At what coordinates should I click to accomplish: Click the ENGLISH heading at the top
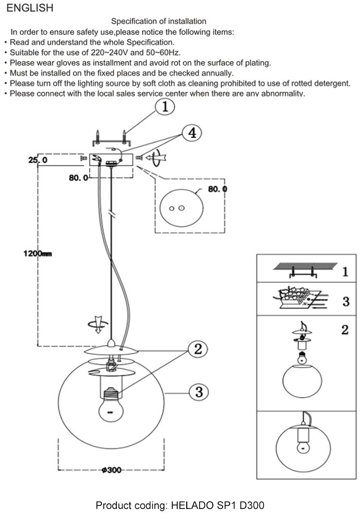[30, 8]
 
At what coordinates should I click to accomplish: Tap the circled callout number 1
[164, 107]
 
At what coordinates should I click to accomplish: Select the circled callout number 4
[191, 133]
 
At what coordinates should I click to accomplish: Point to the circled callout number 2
[198, 349]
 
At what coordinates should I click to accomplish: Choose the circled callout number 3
[198, 391]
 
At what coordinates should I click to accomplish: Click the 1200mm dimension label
[38, 254]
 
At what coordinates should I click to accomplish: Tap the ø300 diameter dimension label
[111, 470]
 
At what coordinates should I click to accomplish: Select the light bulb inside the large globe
[110, 405]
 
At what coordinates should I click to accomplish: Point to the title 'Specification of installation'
[159, 21]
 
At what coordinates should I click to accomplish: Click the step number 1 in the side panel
[345, 272]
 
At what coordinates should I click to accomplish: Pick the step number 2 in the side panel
[344, 330]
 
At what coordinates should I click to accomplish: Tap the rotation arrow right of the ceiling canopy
[156, 157]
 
